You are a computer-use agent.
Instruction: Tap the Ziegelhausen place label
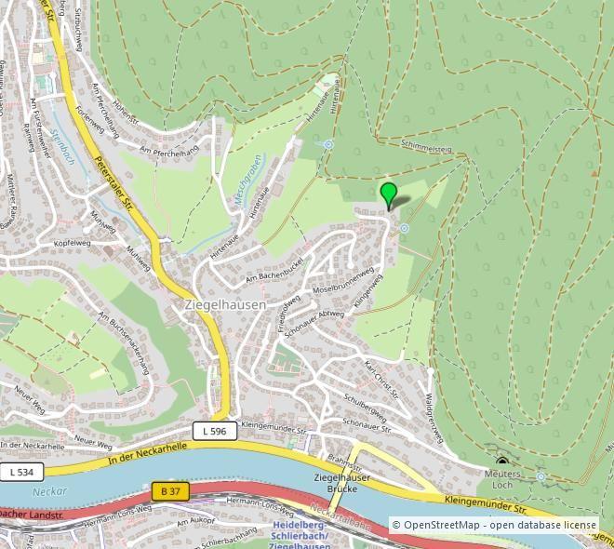[225, 304]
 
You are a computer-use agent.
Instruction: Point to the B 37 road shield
[169, 490]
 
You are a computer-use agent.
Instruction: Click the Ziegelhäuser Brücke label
[341, 483]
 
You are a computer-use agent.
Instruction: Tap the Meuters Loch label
[503, 479]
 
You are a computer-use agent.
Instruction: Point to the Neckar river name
[45, 491]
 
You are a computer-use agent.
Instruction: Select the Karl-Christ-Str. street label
[381, 380]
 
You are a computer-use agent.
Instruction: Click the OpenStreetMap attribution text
[494, 525]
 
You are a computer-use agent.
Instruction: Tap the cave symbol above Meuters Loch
[502, 462]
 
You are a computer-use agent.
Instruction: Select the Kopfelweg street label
[72, 242]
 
